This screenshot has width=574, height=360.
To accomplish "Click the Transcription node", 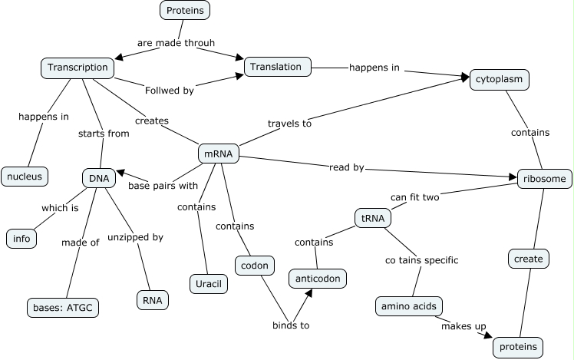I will tap(78, 68).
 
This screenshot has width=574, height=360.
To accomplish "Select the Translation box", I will tap(278, 67).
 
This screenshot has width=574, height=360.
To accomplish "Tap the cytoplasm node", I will tap(500, 79).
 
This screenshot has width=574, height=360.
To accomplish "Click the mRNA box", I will tap(219, 154).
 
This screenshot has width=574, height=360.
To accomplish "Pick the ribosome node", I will tap(545, 179).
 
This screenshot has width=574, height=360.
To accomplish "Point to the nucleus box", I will tap(25, 176).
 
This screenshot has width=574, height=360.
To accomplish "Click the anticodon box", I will tap(318, 277).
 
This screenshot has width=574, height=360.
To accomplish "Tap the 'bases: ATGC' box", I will tap(63, 308).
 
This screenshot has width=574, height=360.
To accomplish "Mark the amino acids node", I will tap(408, 306).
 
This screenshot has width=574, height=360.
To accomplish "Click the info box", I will tap(21, 239).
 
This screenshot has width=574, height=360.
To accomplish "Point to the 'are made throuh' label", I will tap(176, 43).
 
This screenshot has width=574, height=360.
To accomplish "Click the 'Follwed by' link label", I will tap(169, 90).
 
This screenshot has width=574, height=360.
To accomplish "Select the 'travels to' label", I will tap(289, 123).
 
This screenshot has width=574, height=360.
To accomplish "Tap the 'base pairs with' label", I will tap(163, 185).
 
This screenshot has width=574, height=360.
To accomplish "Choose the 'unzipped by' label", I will tap(135, 237).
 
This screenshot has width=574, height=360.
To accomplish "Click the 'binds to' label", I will tap(291, 325).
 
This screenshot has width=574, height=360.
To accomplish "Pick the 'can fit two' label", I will tap(414, 197).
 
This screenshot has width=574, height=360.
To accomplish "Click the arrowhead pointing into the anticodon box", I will tap(307, 292).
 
